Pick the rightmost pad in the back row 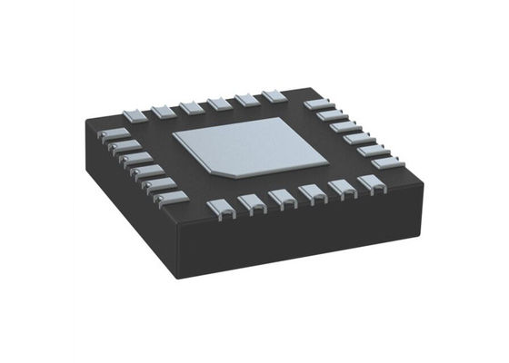tap(274, 96)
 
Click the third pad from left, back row tap(192, 106)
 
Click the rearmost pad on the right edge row tap(317, 105)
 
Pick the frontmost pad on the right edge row tap(385, 162)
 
